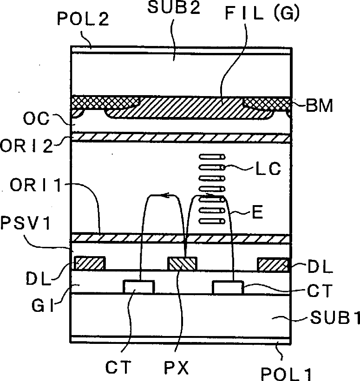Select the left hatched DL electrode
pyautogui.click(x=91, y=264)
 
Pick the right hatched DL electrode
pyautogui.click(x=274, y=265)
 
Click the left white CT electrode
pyautogui.click(x=138, y=287)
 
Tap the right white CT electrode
pyautogui.click(x=228, y=287)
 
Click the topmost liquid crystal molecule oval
pyautogui.click(x=212, y=156)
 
